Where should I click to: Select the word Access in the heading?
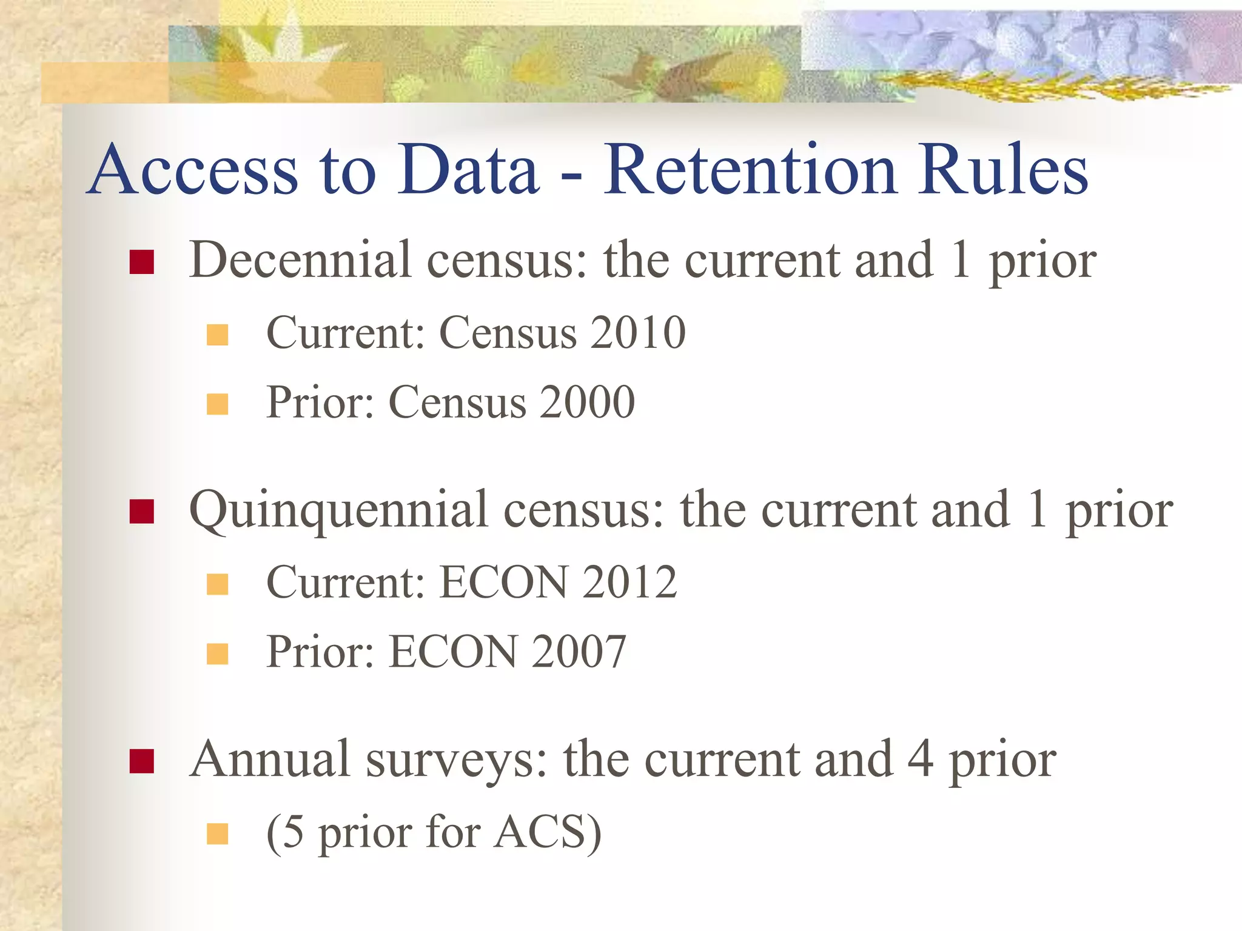[x=194, y=171]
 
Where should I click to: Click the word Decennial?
[x=301, y=261]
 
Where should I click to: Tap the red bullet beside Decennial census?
[x=141, y=262]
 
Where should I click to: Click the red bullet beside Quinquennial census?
[x=141, y=512]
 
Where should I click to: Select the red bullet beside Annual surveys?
[x=141, y=761]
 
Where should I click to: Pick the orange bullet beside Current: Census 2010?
[x=217, y=335]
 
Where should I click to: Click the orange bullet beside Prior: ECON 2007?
[x=217, y=654]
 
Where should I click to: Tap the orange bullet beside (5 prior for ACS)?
[x=217, y=833]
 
